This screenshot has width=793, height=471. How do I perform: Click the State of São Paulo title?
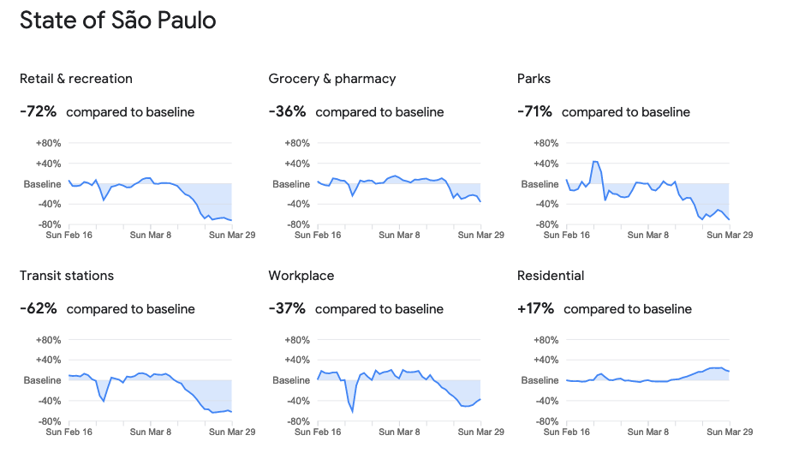click(117, 21)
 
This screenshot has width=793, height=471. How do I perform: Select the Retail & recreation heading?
click(76, 79)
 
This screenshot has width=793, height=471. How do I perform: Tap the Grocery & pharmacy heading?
click(332, 79)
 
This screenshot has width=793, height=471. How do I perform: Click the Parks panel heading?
click(534, 79)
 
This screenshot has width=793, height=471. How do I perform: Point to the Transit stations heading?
click(67, 276)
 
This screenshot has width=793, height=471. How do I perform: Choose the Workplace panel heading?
click(301, 276)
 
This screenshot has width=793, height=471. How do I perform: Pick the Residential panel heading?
click(551, 276)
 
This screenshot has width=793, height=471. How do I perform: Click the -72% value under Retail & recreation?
click(39, 111)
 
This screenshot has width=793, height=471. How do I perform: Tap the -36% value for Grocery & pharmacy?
click(287, 111)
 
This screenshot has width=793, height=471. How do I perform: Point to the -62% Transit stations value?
click(39, 308)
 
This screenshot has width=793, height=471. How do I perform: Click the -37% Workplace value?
click(287, 308)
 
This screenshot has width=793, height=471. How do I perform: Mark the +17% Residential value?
click(535, 308)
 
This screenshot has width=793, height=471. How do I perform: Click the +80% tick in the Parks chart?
click(547, 143)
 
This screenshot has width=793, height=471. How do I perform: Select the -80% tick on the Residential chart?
click(547, 421)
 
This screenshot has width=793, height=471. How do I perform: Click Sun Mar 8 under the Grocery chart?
click(399, 235)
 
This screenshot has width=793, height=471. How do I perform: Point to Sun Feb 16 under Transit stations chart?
click(70, 432)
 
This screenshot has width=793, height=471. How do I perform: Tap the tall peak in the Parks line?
click(595, 161)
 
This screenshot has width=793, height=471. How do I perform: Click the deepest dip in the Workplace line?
click(352, 411)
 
